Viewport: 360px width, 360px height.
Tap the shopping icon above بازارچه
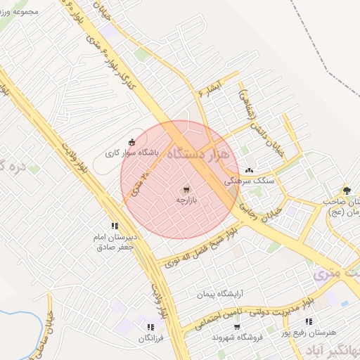pos(186,189)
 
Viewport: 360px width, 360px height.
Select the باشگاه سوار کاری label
pos(133,153)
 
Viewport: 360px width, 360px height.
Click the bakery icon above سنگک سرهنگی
pos(250,170)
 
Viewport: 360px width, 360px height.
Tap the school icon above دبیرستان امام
pos(114,226)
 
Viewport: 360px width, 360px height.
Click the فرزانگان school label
pos(150,339)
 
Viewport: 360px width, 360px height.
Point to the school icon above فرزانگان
pos(150,327)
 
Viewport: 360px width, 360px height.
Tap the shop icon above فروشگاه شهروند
pos(237,327)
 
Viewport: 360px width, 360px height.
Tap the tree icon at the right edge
pos(346,190)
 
